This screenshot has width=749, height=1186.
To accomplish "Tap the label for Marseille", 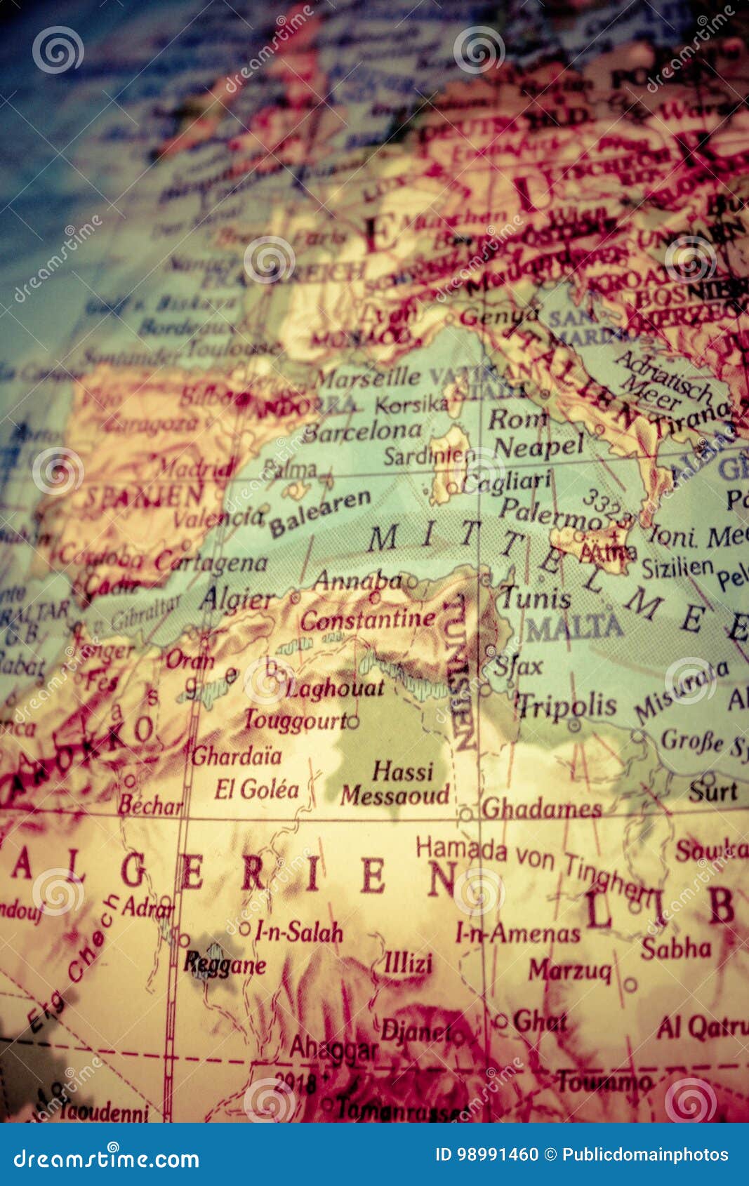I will (367, 378).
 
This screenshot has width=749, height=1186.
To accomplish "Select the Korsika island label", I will (411, 404).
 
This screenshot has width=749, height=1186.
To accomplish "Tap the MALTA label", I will (574, 627).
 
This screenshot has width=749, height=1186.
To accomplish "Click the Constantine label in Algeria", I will (368, 619).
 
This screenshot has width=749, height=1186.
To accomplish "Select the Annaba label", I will (357, 580).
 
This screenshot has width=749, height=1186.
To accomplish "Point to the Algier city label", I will (237, 600).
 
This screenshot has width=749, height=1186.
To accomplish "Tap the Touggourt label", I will (295, 720).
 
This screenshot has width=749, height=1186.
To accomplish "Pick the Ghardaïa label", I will (237, 756).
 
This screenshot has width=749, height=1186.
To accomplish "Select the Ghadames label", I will (541, 809).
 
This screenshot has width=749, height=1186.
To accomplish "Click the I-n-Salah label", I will (298, 932).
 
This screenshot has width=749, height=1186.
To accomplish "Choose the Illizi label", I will (408, 963).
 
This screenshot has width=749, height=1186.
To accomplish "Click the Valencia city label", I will (218, 518).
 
